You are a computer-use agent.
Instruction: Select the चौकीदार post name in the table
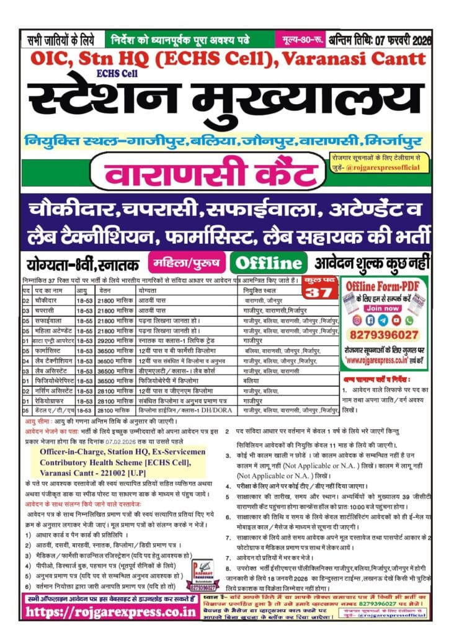point(48,300)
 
